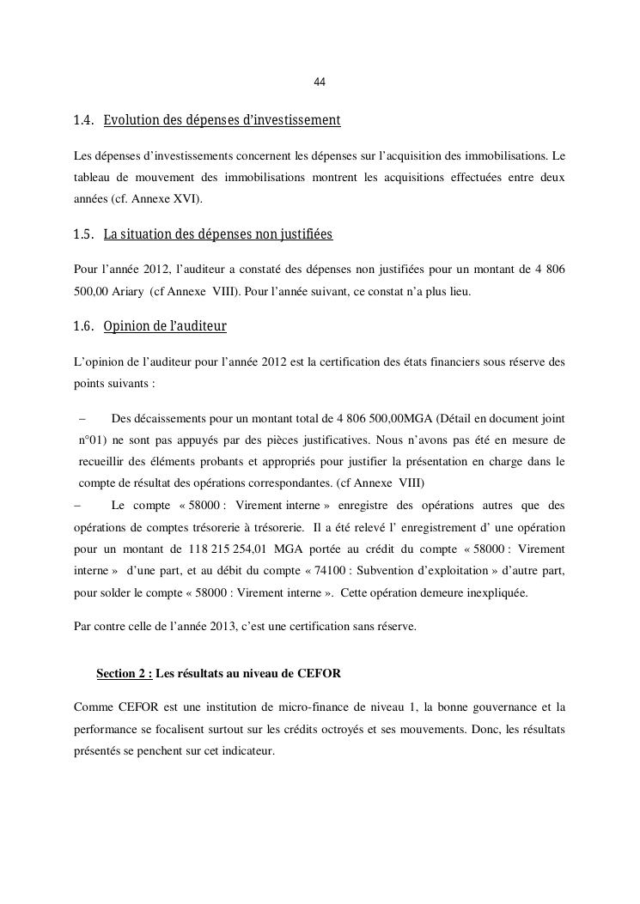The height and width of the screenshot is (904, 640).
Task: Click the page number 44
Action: click(x=320, y=82)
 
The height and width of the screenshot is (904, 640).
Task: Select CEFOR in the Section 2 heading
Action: click(x=320, y=674)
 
